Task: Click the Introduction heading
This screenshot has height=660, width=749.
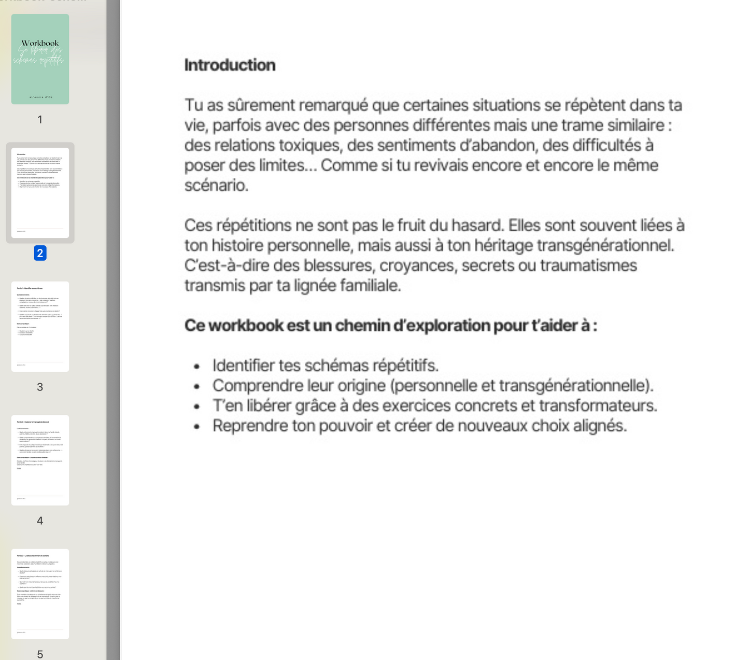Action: click(x=230, y=65)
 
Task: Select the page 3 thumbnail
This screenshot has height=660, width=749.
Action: click(x=40, y=326)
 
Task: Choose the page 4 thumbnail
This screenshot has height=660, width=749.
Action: click(x=40, y=460)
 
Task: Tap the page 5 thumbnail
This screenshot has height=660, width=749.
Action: click(x=40, y=594)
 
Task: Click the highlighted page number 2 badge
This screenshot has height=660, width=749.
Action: click(x=40, y=253)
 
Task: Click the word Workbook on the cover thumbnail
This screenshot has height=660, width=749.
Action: click(x=40, y=43)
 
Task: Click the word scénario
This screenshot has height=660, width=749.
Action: click(x=216, y=185)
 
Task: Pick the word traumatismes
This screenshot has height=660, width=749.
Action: click(x=588, y=265)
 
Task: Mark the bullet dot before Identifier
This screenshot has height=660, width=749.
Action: click(x=196, y=367)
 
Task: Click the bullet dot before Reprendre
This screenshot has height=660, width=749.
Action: click(x=196, y=427)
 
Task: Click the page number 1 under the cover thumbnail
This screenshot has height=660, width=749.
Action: click(x=40, y=120)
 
